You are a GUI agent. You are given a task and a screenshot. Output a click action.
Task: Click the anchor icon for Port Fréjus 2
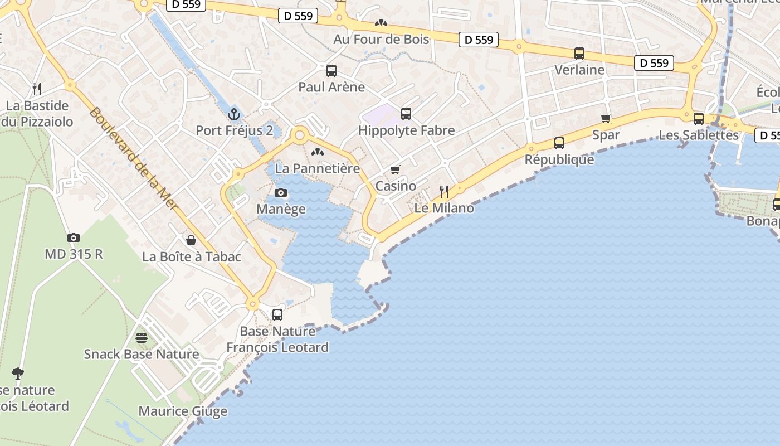pyautogui.click(x=234, y=114)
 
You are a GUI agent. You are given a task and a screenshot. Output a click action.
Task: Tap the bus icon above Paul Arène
pyautogui.click(x=331, y=71)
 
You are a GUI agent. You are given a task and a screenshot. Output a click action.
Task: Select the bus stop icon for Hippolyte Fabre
pyautogui.click(x=406, y=114)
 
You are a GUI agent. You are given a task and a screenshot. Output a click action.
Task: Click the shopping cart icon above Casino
pyautogui.click(x=396, y=169)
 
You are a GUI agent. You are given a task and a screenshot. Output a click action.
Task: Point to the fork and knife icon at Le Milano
pyautogui.click(x=444, y=192)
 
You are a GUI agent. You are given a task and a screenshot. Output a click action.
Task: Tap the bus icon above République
pyautogui.click(x=559, y=143)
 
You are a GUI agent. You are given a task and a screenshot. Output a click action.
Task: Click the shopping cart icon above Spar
pyautogui.click(x=606, y=118)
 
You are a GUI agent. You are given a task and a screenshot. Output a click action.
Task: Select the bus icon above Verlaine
pyautogui.click(x=579, y=54)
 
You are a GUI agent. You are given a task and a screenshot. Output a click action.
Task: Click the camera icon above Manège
pyautogui.click(x=281, y=193)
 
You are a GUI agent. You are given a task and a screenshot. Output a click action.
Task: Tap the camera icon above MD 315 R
pyautogui.click(x=74, y=237)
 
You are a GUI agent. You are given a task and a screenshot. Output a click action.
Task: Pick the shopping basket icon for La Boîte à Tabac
pyautogui.click(x=191, y=240)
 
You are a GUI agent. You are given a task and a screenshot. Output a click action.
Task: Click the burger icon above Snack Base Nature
pyautogui.click(x=142, y=338)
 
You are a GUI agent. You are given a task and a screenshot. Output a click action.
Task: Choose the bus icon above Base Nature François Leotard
pyautogui.click(x=277, y=315)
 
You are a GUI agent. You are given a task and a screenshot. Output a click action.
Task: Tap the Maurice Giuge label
pyautogui.click(x=183, y=411)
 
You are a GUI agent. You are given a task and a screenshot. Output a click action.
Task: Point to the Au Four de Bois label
pyautogui.click(x=381, y=39)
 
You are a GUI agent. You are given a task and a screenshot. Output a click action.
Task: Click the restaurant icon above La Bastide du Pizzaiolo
pyautogui.click(x=37, y=89)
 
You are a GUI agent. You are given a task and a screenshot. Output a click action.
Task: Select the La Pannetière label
pyautogui.click(x=318, y=168)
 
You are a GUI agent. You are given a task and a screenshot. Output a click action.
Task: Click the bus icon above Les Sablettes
pyautogui.click(x=699, y=118)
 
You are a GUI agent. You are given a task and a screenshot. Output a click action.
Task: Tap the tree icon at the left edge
pyautogui.click(x=18, y=373)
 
